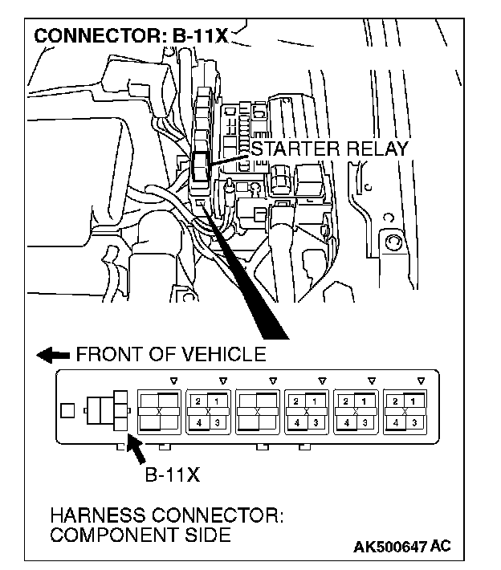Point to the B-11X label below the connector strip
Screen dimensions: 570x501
[x=171, y=474]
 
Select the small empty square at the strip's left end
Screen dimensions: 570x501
[x=67, y=411]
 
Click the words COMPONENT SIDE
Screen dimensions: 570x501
[x=140, y=535]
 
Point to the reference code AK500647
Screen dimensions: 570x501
[x=390, y=548]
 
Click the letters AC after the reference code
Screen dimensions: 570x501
[x=441, y=548]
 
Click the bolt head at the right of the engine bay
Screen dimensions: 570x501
[x=393, y=241]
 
